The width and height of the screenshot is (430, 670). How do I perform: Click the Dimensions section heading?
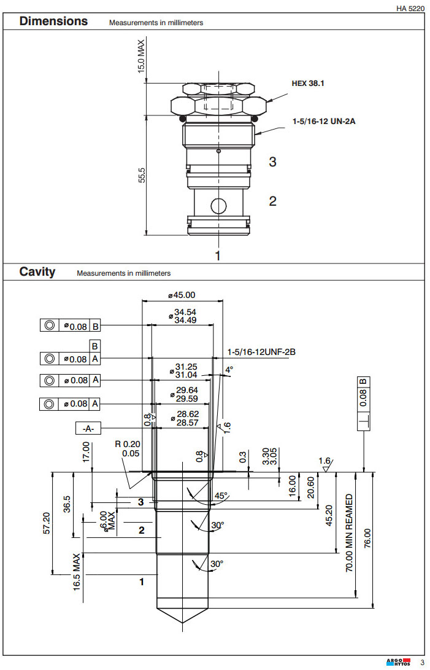click(x=53, y=21)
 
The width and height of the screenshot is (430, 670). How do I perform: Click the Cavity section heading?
click(x=37, y=271)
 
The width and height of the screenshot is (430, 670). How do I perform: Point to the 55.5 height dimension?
click(x=142, y=174)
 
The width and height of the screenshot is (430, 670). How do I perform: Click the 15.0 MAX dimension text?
click(x=141, y=57)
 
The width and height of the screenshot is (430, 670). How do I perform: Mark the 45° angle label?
click(x=221, y=496)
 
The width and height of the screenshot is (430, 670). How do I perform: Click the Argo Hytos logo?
click(x=397, y=661)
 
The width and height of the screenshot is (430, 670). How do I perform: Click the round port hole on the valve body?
click(x=217, y=205)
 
